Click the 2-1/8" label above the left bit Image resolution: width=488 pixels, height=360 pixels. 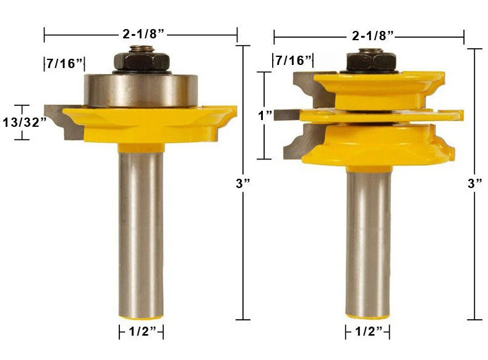143,33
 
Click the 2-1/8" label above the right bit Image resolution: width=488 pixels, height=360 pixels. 373,36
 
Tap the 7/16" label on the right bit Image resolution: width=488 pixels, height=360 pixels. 294,61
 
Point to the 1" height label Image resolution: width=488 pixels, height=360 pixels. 265,116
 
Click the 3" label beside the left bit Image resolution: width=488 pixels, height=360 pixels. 243,183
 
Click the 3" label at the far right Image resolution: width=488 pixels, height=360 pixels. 475,183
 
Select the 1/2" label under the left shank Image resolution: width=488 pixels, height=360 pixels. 142,332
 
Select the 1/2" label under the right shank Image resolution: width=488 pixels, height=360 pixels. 369,332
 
